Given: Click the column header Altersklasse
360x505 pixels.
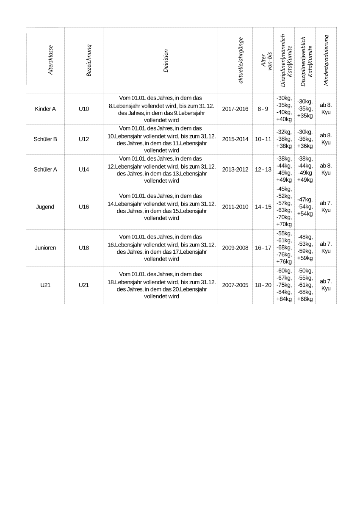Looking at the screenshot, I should tap(50, 61).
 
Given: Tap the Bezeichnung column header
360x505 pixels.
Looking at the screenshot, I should tap(89, 61).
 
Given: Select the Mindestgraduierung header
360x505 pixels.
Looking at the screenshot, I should tap(326, 61).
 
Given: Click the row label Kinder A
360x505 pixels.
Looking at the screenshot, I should tap(45, 109).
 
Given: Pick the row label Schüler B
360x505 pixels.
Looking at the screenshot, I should tap(45, 139).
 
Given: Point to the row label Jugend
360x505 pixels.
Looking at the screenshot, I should tap(45, 207).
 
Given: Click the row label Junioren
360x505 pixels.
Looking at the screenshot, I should tap(45, 248).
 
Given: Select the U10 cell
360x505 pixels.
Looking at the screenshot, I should tap(84, 109).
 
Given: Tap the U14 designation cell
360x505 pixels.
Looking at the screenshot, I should tap(84, 169).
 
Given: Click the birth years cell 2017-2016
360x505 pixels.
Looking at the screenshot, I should tap(235, 109).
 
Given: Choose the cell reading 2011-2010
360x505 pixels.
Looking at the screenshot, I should tap(235, 207).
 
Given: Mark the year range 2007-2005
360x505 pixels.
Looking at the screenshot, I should tap(235, 285).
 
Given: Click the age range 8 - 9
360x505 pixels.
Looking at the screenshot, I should tap(263, 109).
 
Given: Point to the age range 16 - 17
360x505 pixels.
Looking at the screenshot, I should tap(263, 248).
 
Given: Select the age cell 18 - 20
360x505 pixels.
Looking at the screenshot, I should tap(263, 285).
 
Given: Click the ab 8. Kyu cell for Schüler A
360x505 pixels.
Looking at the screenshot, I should tap(326, 169).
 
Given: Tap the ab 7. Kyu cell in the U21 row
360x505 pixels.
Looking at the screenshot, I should tap(326, 285).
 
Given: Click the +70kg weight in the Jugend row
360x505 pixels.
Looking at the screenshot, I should tap(284, 225).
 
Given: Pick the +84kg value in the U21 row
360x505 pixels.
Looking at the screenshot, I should tap(284, 300).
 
